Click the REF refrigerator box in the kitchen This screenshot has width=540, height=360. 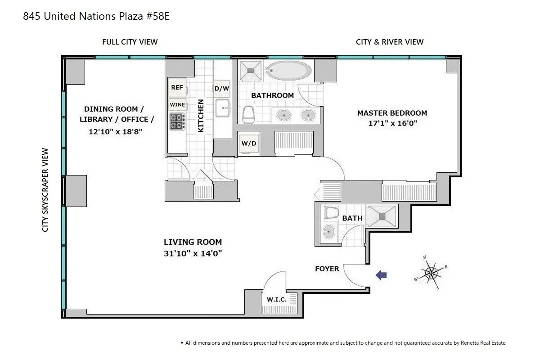point(177,88)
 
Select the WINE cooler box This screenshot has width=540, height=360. point(177,105)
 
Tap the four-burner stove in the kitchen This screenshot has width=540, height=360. point(177,121)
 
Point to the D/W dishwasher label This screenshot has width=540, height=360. point(221,89)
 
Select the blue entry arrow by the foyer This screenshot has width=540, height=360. point(381,275)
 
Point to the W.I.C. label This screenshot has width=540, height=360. point(277,299)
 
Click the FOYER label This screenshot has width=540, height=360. point(327,269)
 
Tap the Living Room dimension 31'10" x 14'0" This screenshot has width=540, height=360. point(193,253)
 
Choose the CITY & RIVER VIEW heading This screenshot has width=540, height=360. point(389,42)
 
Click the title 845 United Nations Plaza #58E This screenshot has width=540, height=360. point(96,17)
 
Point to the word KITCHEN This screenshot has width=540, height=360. point(201,116)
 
